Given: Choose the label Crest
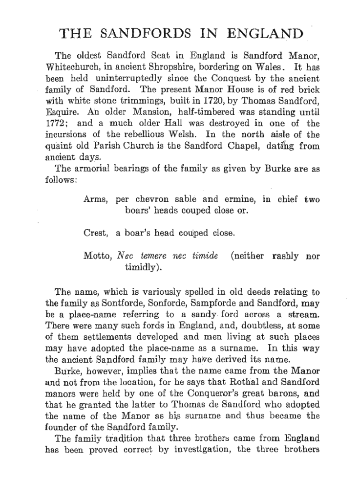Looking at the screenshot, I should pyautogui.click(x=96, y=233).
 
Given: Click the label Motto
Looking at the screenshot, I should pyautogui.click(x=97, y=256).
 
